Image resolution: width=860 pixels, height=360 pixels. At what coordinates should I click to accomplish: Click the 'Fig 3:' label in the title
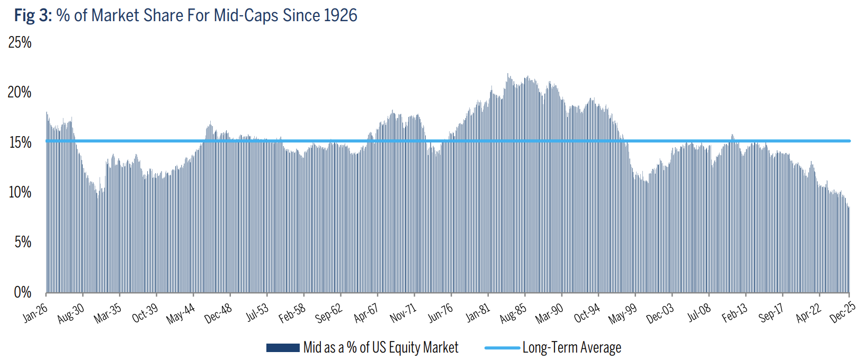point(33,15)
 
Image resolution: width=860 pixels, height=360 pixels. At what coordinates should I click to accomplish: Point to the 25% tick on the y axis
point(20,42)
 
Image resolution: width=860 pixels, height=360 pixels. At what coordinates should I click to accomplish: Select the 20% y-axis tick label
point(20,92)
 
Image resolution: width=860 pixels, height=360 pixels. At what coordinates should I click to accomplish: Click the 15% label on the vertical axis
point(20,142)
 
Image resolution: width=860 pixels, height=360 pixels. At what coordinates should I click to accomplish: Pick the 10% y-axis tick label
point(20,192)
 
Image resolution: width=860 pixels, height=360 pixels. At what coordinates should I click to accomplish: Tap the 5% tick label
point(23,242)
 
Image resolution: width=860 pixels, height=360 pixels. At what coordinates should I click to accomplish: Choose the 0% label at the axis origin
point(23,292)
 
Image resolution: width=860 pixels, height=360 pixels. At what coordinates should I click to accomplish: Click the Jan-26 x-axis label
point(35,313)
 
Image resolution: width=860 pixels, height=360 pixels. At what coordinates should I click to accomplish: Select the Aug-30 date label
point(71,313)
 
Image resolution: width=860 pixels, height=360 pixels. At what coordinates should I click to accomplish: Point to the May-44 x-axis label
point(181,313)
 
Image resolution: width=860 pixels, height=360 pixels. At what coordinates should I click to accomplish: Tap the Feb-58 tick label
point(292,313)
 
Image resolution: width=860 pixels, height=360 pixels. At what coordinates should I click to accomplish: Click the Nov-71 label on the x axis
point(403,313)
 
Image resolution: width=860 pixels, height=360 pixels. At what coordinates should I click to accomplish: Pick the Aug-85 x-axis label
point(513,313)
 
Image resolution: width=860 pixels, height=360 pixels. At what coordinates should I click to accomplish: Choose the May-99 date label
point(623,313)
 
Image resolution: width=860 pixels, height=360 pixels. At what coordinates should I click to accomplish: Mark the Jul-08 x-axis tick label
point(699,313)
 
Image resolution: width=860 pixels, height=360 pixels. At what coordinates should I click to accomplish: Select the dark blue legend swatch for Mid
point(283,348)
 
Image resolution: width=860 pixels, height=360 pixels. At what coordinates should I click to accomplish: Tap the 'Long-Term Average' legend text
point(571,348)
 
